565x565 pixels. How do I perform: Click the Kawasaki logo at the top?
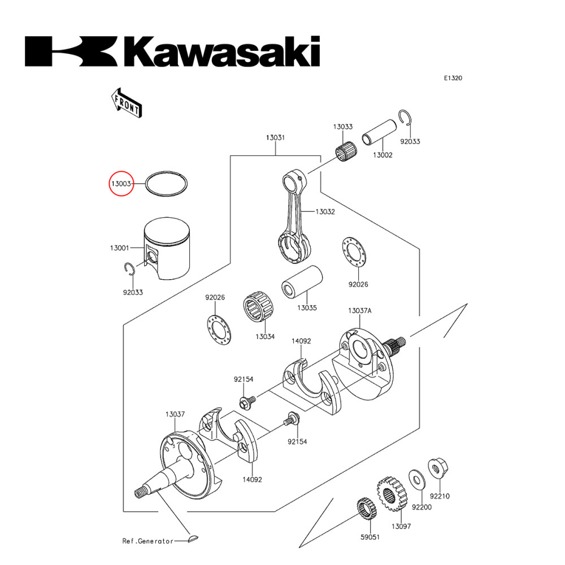[172, 52]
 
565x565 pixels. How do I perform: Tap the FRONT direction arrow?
[125, 102]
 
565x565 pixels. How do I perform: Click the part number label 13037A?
[359, 311]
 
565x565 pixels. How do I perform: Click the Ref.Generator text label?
[148, 541]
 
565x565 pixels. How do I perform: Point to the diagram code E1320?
[453, 79]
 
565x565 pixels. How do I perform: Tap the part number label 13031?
[275, 138]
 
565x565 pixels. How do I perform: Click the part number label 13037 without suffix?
[175, 414]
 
